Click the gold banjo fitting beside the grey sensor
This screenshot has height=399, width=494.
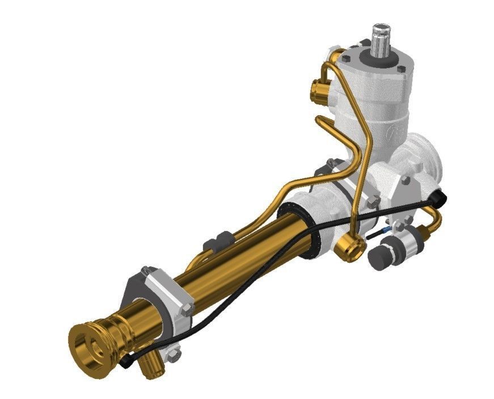(347, 248)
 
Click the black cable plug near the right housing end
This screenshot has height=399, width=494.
(439, 196)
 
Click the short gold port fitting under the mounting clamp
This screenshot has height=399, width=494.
(150, 366)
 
